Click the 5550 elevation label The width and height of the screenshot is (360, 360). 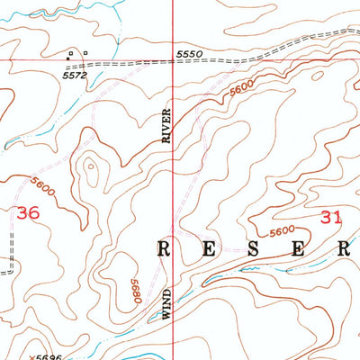click(188, 55)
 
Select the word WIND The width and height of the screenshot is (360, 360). click(166, 303)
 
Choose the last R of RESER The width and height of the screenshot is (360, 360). click(343, 249)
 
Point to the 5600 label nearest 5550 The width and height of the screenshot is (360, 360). click(239, 89)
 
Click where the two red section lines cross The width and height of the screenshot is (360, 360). click(173, 59)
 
